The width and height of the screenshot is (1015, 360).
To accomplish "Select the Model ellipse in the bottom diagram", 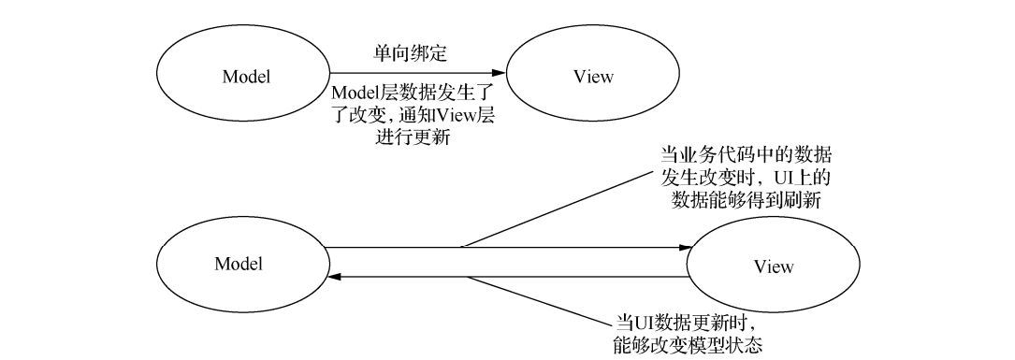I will (x=239, y=263).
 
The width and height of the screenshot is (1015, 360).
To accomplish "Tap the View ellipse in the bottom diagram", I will (x=773, y=266).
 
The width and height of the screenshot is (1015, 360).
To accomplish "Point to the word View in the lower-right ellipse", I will (x=773, y=266).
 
